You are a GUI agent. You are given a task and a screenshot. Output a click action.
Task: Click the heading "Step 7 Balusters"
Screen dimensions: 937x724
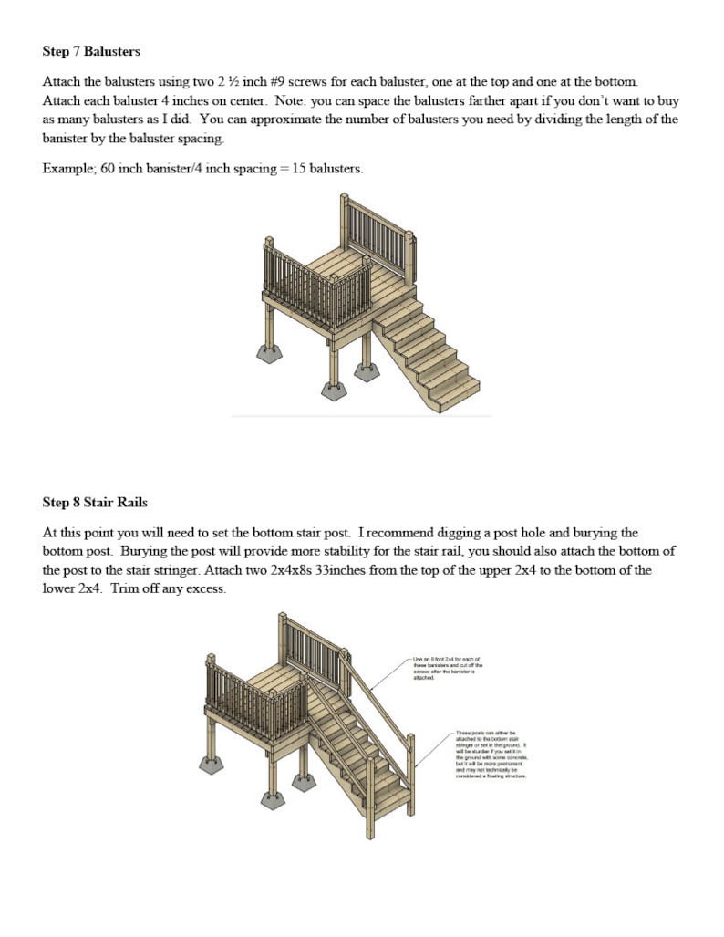tap(91, 51)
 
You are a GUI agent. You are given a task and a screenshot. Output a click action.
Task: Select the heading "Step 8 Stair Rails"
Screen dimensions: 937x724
tap(95, 502)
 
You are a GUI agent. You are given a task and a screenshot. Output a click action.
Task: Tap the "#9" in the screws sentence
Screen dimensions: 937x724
tap(280, 81)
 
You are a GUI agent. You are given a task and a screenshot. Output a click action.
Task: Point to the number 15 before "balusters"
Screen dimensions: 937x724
tap(298, 169)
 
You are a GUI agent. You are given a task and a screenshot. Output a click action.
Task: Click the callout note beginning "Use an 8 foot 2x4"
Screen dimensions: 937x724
tap(448, 668)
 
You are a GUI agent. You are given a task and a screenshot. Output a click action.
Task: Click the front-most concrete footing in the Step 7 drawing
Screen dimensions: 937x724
tap(335, 390)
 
